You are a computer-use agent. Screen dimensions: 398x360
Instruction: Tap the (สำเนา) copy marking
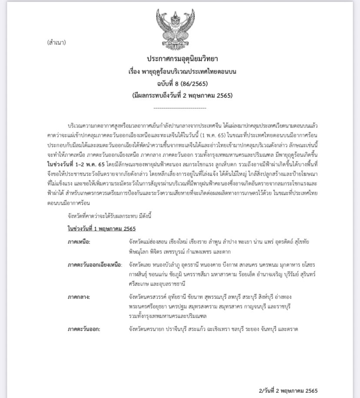point(57,43)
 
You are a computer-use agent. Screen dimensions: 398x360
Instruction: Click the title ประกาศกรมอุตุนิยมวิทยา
point(182,58)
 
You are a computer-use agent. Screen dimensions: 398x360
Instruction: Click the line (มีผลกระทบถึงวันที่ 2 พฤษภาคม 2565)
point(182,96)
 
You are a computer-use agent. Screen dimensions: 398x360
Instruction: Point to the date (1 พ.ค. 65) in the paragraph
point(249,135)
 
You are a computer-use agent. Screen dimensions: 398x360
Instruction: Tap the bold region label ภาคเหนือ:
point(79,242)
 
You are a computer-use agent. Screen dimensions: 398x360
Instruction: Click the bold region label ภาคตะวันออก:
point(84,329)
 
